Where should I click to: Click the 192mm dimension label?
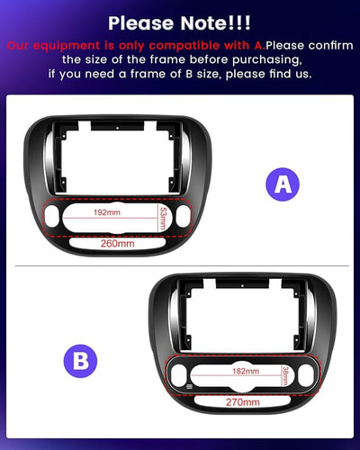107,212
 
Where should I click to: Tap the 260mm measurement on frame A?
118,243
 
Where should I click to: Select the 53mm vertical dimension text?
163,219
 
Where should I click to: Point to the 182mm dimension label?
246,371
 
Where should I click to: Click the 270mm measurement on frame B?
243,402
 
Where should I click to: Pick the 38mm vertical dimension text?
285,375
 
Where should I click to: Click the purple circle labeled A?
283,184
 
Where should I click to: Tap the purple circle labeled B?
80,361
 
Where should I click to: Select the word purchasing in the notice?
266,59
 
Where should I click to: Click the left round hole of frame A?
52,216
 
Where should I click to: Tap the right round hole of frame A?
183,216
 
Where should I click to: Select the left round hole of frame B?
178,375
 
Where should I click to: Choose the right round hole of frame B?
306,375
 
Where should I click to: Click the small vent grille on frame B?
189,386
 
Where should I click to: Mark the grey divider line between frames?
182,265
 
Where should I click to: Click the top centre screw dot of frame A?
118,128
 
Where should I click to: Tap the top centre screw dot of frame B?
242,285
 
